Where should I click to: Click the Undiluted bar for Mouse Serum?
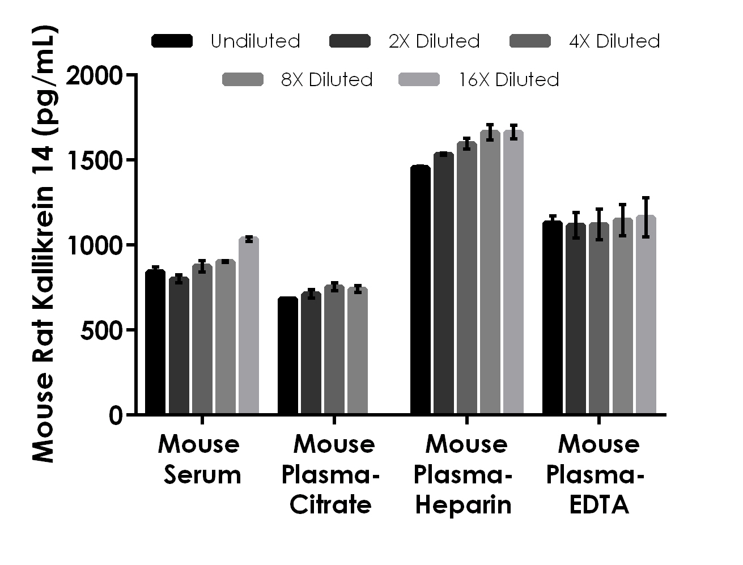point(155,342)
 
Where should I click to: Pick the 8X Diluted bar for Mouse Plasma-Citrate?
point(358,351)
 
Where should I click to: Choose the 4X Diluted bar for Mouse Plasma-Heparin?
point(467,278)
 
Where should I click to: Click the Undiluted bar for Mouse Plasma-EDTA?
point(553,318)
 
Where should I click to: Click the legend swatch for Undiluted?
point(172,41)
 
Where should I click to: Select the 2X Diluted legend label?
point(434,41)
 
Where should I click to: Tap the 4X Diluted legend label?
point(614,41)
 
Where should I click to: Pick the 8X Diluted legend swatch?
point(243,80)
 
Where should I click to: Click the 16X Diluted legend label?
point(509,80)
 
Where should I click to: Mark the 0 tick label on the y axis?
point(115,416)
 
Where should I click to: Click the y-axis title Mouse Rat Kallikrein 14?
point(43,244)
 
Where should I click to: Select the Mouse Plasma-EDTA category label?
point(598,474)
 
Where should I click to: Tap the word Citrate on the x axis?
point(330,504)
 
